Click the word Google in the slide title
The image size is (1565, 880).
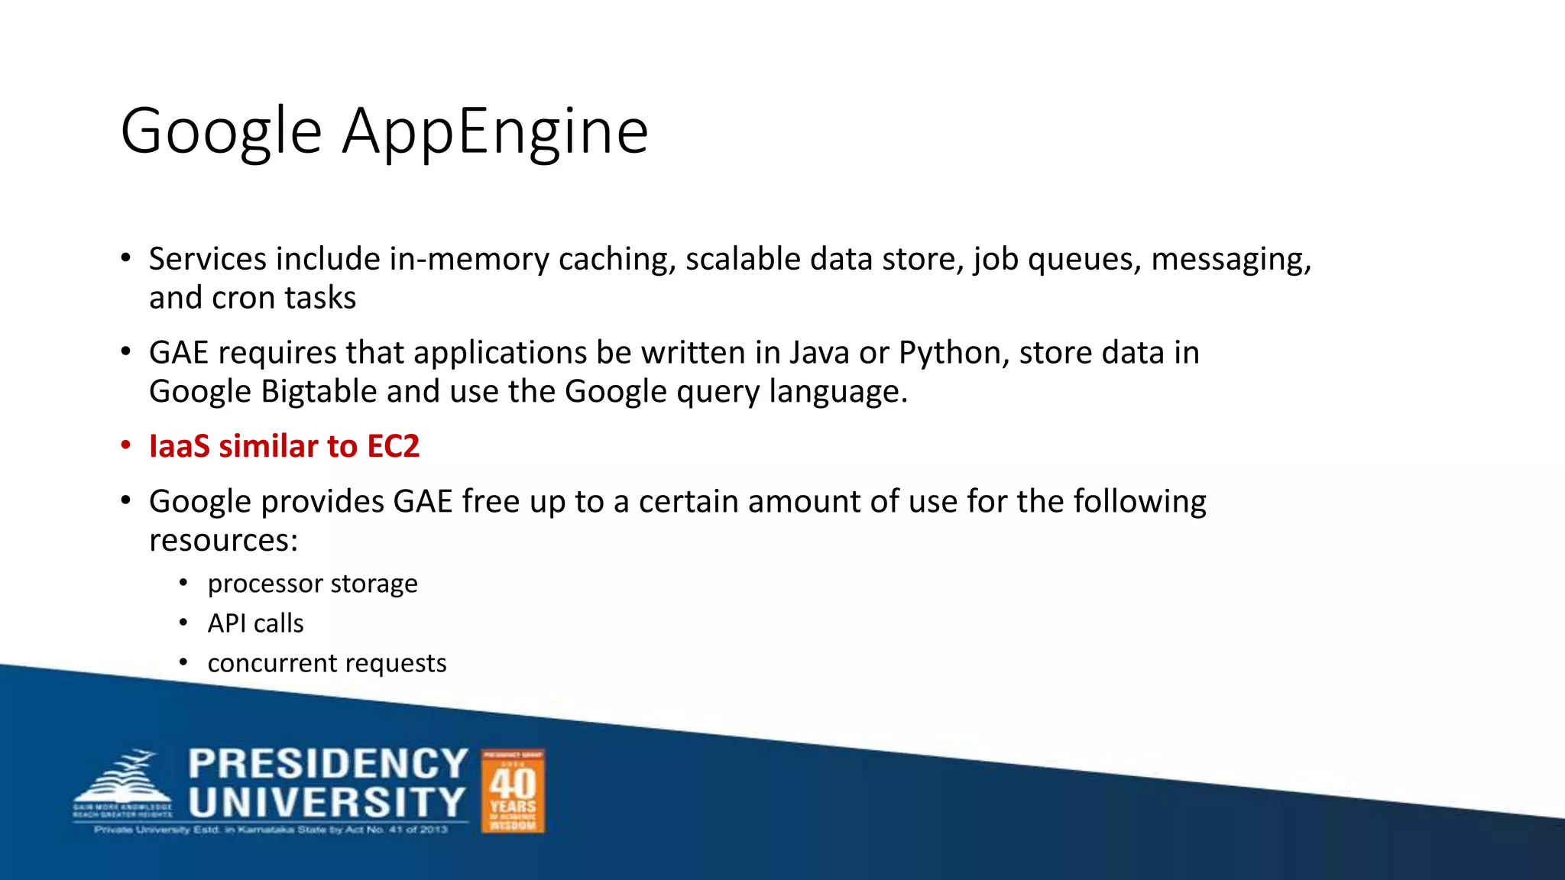tap(221, 131)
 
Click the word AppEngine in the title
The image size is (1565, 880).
tap(495, 131)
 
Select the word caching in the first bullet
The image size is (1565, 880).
tap(617, 260)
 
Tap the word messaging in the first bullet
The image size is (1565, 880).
tap(1231, 260)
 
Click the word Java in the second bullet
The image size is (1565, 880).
tap(819, 353)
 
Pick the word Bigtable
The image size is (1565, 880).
tap(319, 392)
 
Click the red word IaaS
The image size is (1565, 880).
tap(180, 446)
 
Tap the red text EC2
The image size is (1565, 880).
tap(393, 446)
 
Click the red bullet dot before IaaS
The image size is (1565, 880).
tap(126, 445)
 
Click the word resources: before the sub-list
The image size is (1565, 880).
tap(223, 541)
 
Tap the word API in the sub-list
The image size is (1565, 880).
tap(226, 623)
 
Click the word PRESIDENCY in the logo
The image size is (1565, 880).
tap(328, 764)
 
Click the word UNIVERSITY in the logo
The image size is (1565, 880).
tap(327, 802)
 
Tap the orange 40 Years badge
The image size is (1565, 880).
tap(513, 791)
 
